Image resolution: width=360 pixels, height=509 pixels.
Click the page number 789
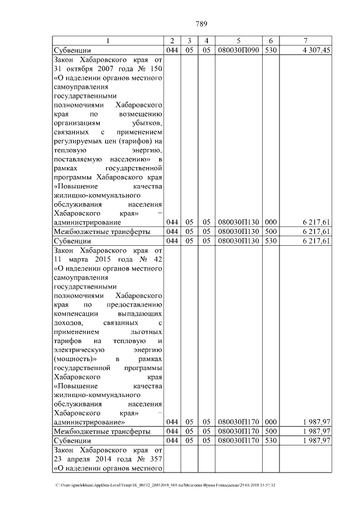pyautogui.click(x=202, y=24)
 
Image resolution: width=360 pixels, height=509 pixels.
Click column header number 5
pyautogui.click(x=238, y=41)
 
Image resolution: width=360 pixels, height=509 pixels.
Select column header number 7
pyautogui.click(x=305, y=41)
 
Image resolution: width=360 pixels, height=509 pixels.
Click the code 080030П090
pyautogui.click(x=238, y=50)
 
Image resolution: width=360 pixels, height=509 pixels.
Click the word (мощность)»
pyautogui.click(x=76, y=359)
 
